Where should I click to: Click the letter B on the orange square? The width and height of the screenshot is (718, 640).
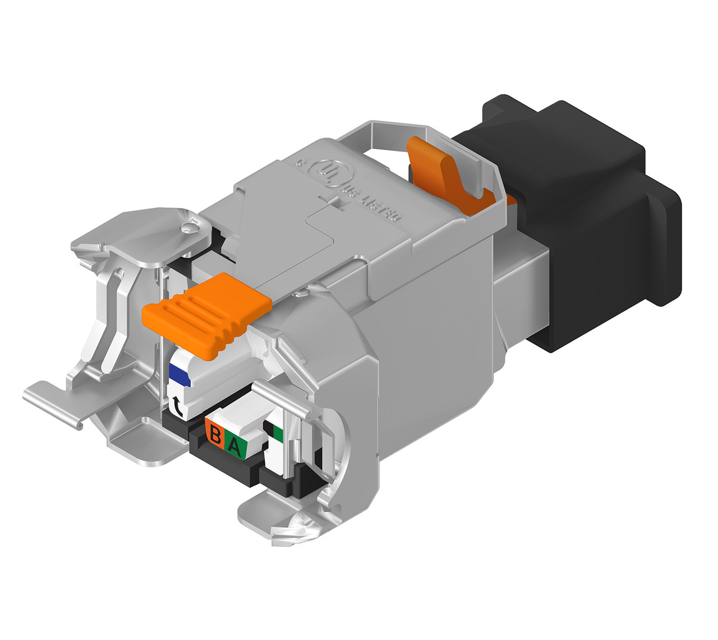215,433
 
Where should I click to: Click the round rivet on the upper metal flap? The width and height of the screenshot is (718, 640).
188,228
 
